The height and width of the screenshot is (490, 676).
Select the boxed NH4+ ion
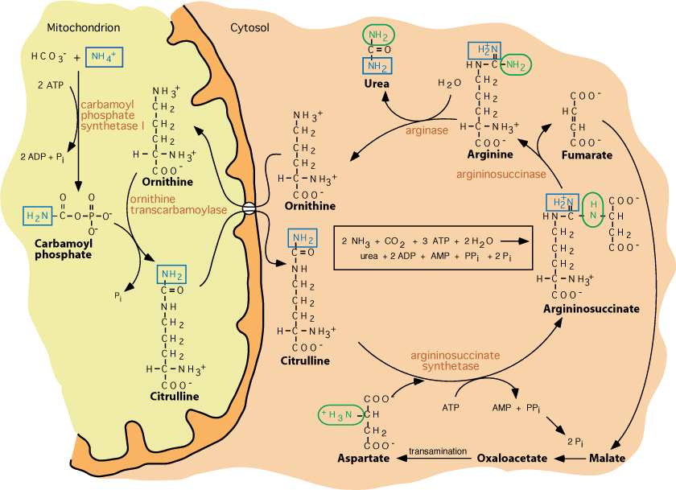click(103, 57)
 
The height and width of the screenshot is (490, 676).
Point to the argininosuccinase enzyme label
click(501, 173)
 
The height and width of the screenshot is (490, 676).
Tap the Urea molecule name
click(376, 84)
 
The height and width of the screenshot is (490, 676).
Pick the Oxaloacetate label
click(512, 459)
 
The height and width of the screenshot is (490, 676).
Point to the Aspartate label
click(363, 459)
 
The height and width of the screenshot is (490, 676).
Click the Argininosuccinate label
click(591, 308)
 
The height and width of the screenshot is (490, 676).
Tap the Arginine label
click(490, 154)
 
